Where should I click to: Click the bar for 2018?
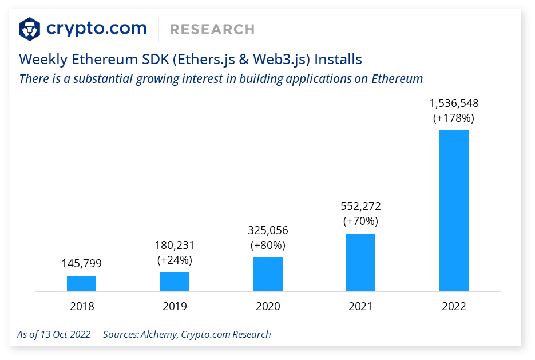81,283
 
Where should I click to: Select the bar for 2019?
175,282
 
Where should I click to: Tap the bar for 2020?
268,274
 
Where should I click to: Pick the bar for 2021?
361,262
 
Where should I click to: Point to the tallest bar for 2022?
454,210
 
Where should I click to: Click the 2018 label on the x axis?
82,306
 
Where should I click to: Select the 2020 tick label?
268,306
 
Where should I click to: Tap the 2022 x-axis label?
454,306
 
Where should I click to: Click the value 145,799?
82,264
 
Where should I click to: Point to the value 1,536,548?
454,104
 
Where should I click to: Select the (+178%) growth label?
454,118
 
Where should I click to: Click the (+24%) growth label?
175,260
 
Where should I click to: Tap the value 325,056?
268,230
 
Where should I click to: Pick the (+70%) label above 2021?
360,221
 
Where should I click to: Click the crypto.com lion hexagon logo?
30,29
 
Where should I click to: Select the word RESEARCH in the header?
212,29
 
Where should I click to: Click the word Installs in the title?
338,59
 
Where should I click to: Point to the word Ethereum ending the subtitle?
397,78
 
